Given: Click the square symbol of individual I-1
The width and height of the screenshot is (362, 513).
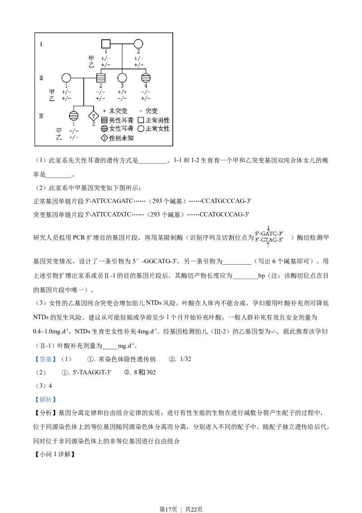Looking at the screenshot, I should [x=105, y=44].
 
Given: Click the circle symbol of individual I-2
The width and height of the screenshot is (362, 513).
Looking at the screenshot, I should [x=138, y=44].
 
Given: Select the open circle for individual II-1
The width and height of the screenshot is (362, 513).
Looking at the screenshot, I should [x=66, y=77].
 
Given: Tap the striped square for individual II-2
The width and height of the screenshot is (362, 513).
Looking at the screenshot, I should [x=101, y=77].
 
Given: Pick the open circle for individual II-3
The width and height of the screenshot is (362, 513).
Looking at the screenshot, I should [x=122, y=77].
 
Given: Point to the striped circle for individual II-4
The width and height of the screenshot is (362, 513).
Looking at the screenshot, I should [x=146, y=77].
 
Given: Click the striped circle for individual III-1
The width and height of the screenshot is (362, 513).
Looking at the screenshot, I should [x=73, y=115].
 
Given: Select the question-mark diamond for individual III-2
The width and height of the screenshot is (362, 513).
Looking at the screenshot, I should [x=93, y=115].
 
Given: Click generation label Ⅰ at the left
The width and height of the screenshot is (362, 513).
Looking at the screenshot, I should [x=41, y=44].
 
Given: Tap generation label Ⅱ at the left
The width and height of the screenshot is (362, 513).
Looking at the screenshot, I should [x=41, y=77].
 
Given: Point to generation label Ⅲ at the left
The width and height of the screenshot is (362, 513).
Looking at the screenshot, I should [x=41, y=115].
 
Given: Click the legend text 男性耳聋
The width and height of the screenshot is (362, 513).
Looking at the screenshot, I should [x=121, y=120].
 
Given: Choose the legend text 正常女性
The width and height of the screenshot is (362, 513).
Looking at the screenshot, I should [x=157, y=129].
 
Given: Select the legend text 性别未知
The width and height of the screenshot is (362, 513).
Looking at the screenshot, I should [x=121, y=138].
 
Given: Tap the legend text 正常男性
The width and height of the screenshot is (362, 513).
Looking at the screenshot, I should [x=157, y=120].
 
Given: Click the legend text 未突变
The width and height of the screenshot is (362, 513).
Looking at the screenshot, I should [x=119, y=111].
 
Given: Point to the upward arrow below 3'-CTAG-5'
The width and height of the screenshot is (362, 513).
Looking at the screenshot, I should [x=268, y=245].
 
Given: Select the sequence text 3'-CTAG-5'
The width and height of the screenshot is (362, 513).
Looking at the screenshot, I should [x=269, y=240].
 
